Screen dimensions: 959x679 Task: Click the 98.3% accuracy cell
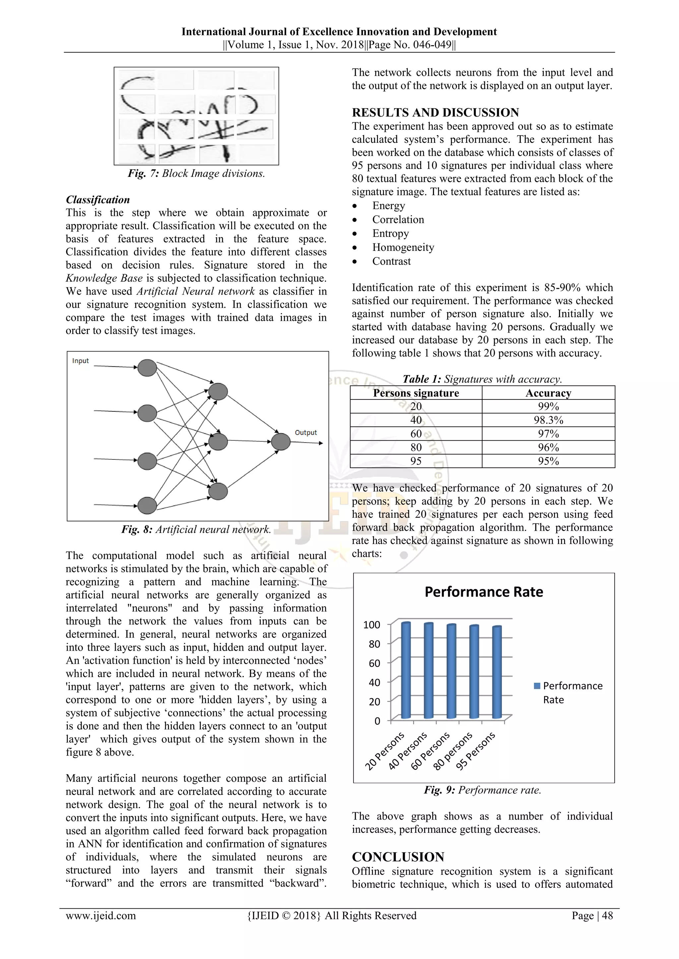pos(548,420)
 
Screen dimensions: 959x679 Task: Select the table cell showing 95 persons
pos(416,461)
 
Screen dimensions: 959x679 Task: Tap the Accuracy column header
pos(548,393)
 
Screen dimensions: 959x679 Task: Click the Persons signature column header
pos(416,393)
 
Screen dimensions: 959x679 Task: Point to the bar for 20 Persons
pos(405,670)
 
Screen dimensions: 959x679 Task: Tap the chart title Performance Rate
pos(484,592)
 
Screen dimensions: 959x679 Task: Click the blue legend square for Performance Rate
pos(537,686)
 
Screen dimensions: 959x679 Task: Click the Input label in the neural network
pos(80,361)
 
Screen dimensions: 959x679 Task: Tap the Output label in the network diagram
pos(306,433)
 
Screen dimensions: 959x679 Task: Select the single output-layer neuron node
pos(280,442)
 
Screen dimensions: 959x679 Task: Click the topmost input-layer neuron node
pos(147,368)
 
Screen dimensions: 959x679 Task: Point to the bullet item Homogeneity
pos(403,247)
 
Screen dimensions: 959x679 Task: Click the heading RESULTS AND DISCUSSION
pos(435,112)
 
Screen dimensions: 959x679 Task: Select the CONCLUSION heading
pos(398,857)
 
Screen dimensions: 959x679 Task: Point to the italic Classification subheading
pos(98,200)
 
